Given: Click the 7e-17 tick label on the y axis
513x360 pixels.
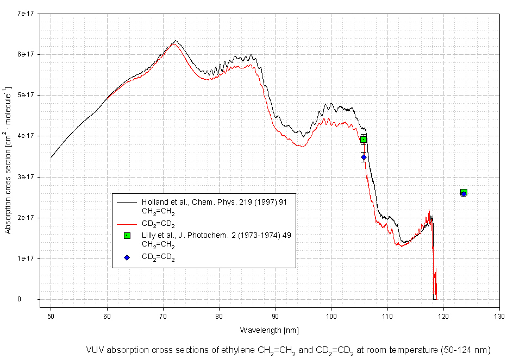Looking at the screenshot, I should click(x=24, y=13).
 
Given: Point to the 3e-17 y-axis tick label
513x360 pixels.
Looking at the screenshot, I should click(x=24, y=176).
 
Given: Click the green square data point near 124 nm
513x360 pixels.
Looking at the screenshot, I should click(x=464, y=192).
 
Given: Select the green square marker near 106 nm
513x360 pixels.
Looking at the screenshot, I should click(x=364, y=140).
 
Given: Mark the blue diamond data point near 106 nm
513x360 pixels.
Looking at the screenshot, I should click(x=364, y=157).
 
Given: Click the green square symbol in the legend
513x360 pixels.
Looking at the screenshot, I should click(x=127, y=235).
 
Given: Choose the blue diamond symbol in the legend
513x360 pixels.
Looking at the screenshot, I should click(x=127, y=257).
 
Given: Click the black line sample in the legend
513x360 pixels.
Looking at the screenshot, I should click(x=127, y=201).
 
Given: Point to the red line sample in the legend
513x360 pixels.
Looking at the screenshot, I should click(x=127, y=223).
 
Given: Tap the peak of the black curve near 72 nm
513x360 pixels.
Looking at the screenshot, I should click(x=175, y=41).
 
